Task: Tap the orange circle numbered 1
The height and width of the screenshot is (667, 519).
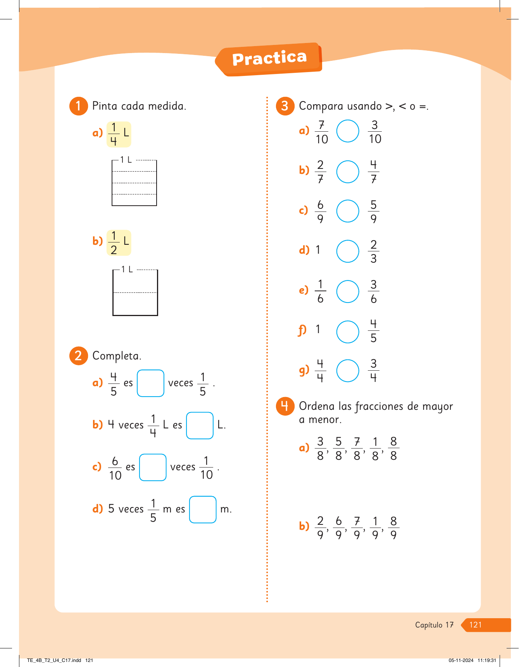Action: [78, 106]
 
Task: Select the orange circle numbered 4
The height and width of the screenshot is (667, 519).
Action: [285, 406]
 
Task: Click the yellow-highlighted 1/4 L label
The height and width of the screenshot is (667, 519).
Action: [119, 134]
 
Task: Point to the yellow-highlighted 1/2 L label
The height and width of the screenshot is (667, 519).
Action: [119, 243]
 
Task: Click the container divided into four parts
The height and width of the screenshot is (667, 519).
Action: [134, 182]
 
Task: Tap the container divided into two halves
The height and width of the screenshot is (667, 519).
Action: [135, 292]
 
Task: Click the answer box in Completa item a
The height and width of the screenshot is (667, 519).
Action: [150, 383]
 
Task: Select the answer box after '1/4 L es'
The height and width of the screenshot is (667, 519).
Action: [200, 425]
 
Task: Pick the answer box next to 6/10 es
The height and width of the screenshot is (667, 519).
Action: [153, 467]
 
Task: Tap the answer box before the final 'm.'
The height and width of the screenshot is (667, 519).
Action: [203, 509]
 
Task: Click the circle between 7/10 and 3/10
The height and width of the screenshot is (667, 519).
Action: [348, 131]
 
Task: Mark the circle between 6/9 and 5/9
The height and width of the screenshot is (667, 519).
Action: [348, 211]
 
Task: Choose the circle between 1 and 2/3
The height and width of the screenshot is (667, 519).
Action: [348, 251]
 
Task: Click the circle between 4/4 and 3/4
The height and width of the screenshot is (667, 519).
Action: [348, 371]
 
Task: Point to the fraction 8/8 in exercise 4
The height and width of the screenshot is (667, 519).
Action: [393, 449]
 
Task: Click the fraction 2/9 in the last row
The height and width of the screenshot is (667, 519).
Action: [320, 528]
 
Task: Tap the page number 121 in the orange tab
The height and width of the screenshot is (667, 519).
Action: [475, 625]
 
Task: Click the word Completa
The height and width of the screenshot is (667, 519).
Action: [117, 356]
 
